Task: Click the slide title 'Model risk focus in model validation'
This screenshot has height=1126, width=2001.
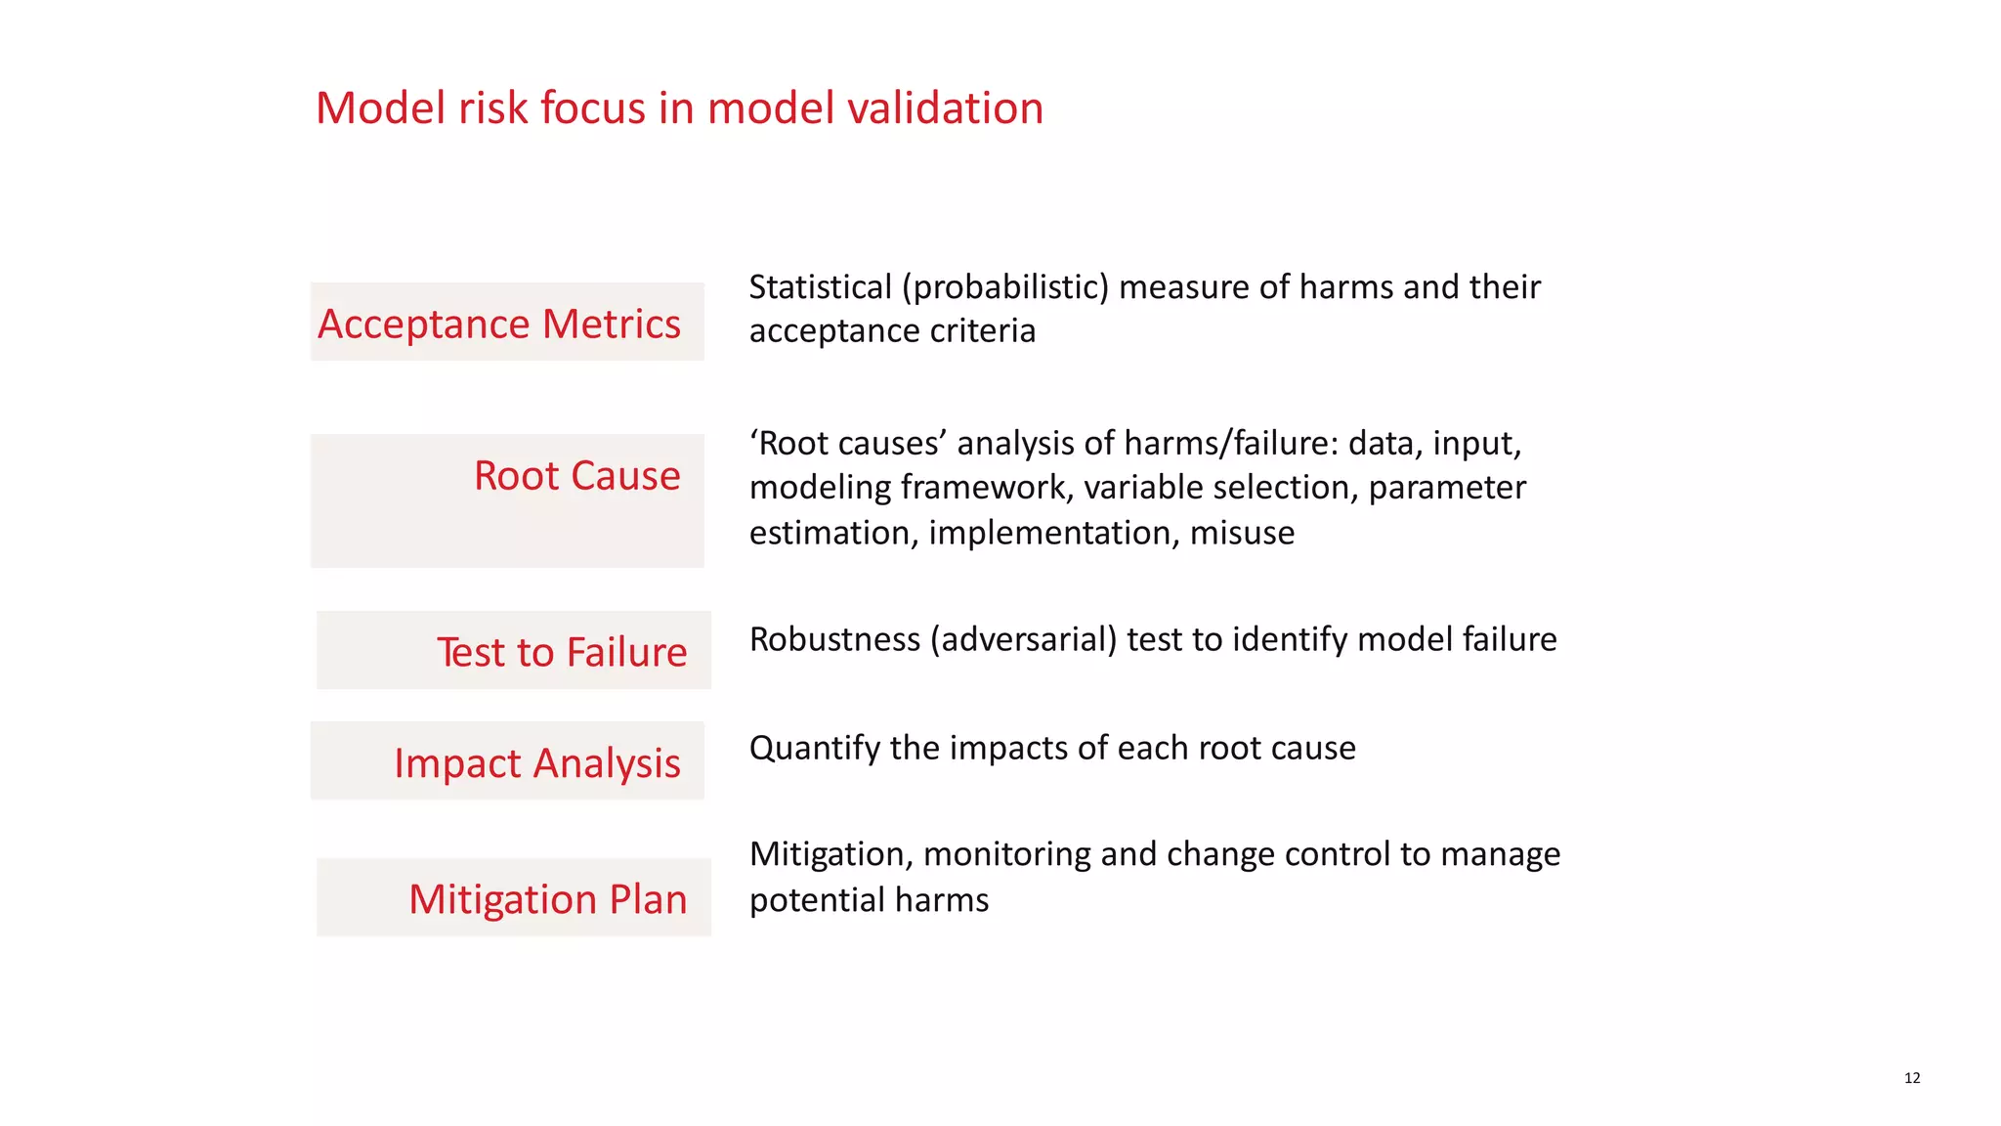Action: point(679,108)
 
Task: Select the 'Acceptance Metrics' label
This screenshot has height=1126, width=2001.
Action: point(499,324)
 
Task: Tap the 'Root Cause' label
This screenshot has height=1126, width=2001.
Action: point(576,476)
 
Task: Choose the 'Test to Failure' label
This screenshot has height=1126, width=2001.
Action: point(562,652)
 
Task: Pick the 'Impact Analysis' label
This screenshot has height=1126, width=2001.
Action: point(536,763)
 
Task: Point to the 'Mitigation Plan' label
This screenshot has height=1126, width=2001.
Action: point(547,899)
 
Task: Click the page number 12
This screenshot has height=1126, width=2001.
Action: point(1912,1078)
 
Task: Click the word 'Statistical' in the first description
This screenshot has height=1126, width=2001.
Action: point(820,287)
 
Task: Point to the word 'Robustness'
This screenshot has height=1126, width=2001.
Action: point(834,639)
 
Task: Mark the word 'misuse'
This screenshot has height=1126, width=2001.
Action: point(1242,533)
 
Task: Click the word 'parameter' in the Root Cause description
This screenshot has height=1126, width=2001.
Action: point(1446,488)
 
